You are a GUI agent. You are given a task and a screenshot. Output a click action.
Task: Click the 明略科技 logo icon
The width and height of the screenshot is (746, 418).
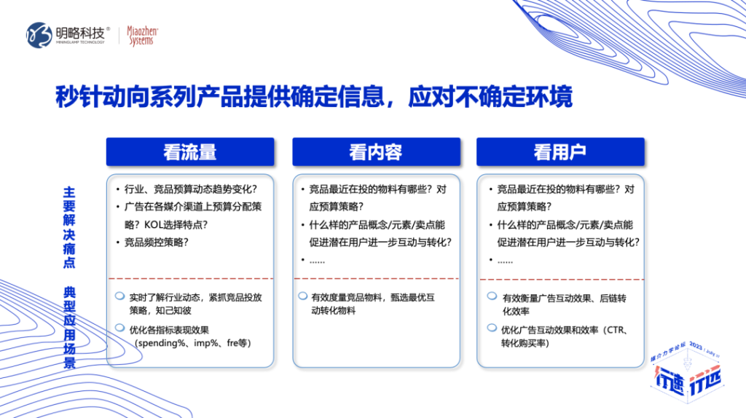click(40, 34)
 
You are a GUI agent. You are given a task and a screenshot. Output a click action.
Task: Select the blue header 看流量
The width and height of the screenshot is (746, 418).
click(190, 152)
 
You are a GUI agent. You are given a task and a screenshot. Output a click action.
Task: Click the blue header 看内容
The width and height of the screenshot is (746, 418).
click(375, 152)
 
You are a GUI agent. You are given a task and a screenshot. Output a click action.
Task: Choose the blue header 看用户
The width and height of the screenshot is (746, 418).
click(559, 152)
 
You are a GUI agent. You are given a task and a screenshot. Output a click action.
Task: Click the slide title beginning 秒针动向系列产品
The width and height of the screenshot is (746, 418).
click(314, 98)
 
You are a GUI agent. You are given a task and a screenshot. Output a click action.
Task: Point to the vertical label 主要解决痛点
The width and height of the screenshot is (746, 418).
click(69, 226)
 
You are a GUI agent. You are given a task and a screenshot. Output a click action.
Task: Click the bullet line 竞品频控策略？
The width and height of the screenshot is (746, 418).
click(157, 242)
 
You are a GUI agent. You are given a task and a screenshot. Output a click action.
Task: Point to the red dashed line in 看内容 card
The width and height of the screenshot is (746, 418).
click(375, 278)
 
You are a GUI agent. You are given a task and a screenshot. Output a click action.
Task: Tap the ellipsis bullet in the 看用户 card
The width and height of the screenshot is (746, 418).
click(506, 260)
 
